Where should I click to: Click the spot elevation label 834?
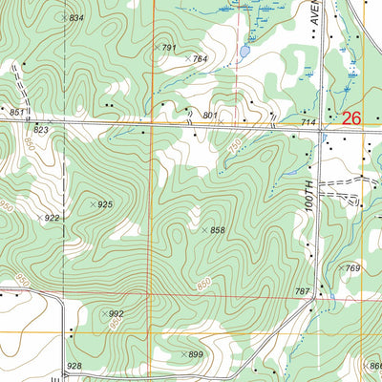click(x=76, y=18)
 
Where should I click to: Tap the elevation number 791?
click(x=170, y=48)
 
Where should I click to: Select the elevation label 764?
click(x=200, y=59)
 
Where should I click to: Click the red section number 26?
click(x=350, y=118)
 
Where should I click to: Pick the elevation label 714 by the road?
click(x=308, y=123)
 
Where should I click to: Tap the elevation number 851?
click(x=16, y=113)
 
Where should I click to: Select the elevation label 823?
click(x=41, y=129)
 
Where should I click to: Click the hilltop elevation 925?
click(x=105, y=205)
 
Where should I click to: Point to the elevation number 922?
click(x=52, y=219)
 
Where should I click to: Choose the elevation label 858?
click(x=218, y=230)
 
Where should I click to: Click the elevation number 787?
click(x=303, y=290)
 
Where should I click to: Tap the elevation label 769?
click(x=353, y=269)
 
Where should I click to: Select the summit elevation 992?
click(x=117, y=313)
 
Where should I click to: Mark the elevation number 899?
click(x=196, y=354)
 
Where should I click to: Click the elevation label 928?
click(x=74, y=367)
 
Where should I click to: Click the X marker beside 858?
click(x=204, y=230)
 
